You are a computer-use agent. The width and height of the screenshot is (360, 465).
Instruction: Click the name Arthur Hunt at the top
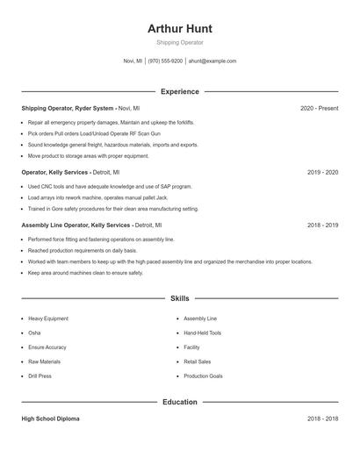[x=179, y=28]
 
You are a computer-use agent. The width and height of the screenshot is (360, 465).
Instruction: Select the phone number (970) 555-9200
[x=165, y=61]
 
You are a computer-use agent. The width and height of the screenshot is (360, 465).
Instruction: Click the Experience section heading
[x=179, y=91]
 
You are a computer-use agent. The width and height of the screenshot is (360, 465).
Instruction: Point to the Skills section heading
[x=179, y=298]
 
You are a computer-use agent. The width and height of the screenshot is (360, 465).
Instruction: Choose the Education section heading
[x=179, y=402]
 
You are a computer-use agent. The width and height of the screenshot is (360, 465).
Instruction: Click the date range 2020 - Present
[x=319, y=108]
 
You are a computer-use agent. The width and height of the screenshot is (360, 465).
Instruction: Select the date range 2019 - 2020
[x=323, y=173]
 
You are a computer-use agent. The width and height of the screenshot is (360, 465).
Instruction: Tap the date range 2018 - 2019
[x=323, y=225]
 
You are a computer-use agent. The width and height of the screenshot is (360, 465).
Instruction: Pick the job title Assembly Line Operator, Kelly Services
[x=77, y=225]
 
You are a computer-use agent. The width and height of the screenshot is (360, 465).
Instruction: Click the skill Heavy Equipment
[x=47, y=318]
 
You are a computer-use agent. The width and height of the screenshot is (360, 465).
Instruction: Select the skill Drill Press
[x=40, y=376]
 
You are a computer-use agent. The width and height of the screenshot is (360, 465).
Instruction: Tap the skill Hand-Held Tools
[x=202, y=333]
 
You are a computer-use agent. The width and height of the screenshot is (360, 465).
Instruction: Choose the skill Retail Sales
[x=197, y=361]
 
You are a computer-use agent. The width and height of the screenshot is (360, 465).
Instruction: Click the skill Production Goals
[x=203, y=376]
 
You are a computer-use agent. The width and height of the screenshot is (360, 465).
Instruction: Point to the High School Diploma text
[x=50, y=418]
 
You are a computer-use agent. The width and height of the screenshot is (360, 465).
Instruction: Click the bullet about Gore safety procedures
[x=112, y=209]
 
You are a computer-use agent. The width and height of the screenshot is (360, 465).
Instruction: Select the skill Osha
[x=34, y=333]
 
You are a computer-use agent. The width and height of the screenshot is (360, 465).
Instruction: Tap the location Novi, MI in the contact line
[x=133, y=61]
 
